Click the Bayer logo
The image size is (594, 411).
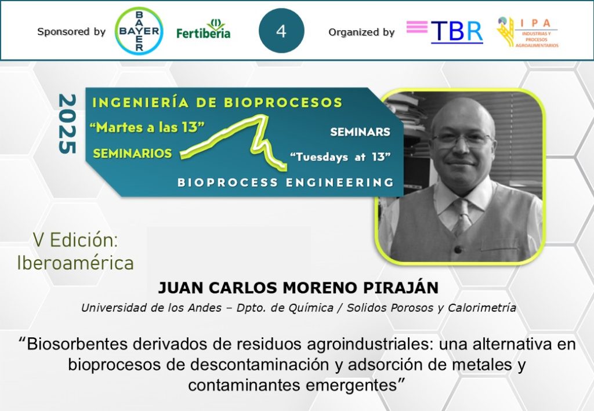[x=139, y=31]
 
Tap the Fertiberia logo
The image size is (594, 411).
[x=204, y=29]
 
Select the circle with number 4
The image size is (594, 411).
[x=281, y=31]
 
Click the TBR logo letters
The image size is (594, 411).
[x=457, y=31]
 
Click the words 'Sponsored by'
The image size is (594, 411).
[x=71, y=32]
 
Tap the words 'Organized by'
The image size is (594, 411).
[x=361, y=32]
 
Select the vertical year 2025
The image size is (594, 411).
[x=67, y=123]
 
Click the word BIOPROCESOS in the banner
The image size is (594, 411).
[x=283, y=103]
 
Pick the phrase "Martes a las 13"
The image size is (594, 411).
[x=147, y=127]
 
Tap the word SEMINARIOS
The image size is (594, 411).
[x=133, y=153]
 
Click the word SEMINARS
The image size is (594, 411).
[x=360, y=132]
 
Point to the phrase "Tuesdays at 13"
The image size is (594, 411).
[x=340, y=157]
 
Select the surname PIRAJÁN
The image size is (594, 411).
[x=401, y=288]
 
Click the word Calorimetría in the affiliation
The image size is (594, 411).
[x=482, y=308]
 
